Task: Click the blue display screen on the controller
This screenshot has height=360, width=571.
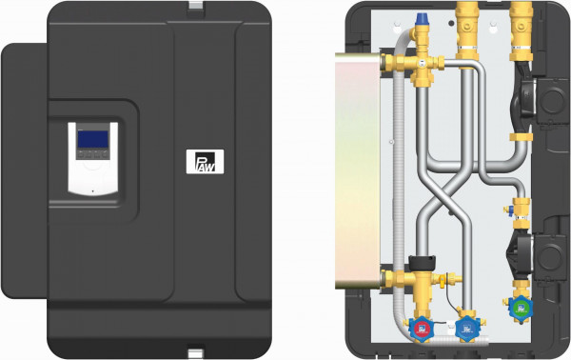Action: pyautogui.click(x=93, y=139)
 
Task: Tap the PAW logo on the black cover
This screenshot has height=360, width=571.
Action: pyautogui.click(x=205, y=161)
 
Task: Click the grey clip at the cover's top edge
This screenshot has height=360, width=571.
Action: pyautogui.click(x=196, y=5)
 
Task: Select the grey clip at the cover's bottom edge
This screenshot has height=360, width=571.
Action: pyautogui.click(x=195, y=353)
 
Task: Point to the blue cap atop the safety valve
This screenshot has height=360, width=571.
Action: pyautogui.click(x=422, y=19)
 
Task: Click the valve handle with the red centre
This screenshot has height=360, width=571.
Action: pyautogui.click(x=422, y=329)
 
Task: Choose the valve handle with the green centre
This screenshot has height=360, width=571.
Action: pyautogui.click(x=521, y=309)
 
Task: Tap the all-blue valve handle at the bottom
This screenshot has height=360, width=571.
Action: pyautogui.click(x=467, y=329)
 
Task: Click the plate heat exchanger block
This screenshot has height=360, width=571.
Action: pyautogui.click(x=358, y=170)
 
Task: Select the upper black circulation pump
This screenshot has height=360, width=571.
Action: pyautogui.click(x=523, y=97)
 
